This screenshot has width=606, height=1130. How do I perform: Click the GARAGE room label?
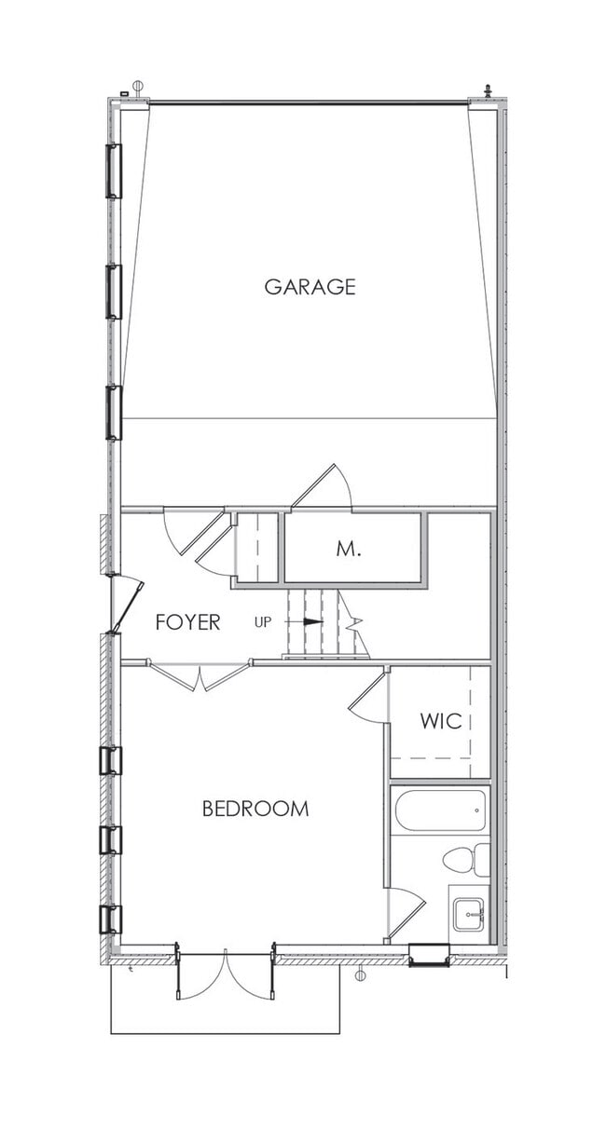coord(310,287)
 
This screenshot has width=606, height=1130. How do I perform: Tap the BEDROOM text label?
coord(255,809)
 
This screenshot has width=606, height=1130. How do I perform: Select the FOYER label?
coord(187,622)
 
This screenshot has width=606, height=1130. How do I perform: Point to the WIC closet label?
coord(440,721)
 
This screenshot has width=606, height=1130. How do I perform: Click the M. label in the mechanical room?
coord(349,550)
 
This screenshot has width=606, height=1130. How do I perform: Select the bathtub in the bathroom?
coord(440,810)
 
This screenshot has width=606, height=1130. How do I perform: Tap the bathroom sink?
coord(469,913)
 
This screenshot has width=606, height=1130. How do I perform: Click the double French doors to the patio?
coord(225,973)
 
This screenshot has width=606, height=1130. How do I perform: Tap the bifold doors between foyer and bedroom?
coord(200,674)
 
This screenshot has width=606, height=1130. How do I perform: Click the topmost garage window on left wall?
coord(114,170)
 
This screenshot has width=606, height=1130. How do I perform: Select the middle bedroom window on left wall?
coord(111,840)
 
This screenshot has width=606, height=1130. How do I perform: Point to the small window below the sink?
coord(429,955)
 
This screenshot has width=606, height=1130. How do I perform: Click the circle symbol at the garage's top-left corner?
coord(138,87)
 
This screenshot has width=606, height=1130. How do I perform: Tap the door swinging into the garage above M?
coord(322,486)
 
